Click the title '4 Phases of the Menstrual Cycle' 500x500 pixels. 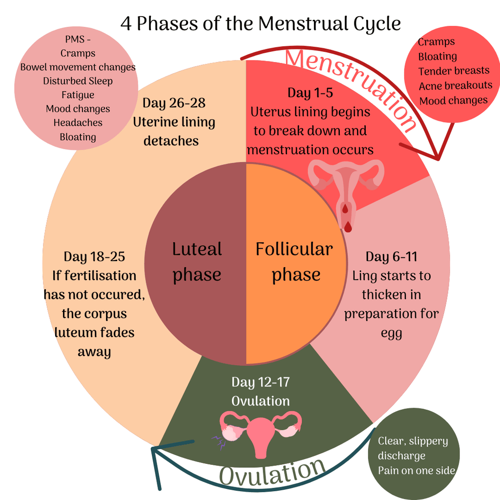tap(261, 23)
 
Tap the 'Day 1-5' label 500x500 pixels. tap(310, 93)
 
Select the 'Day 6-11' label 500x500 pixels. tap(391, 257)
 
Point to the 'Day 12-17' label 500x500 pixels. tap(261, 382)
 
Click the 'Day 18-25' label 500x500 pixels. tap(94, 257)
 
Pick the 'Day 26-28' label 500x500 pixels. tap(174, 103)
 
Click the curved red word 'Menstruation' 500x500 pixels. tap(351, 86)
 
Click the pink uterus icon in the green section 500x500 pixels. tap(260, 430)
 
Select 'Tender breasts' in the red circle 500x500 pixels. tap(454, 71)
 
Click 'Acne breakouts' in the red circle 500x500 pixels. tap(456, 86)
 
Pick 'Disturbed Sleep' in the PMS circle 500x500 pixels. tap(78, 81)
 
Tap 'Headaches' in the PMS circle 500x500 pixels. tap(78, 123)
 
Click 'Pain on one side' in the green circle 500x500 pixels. tap(417, 471)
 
